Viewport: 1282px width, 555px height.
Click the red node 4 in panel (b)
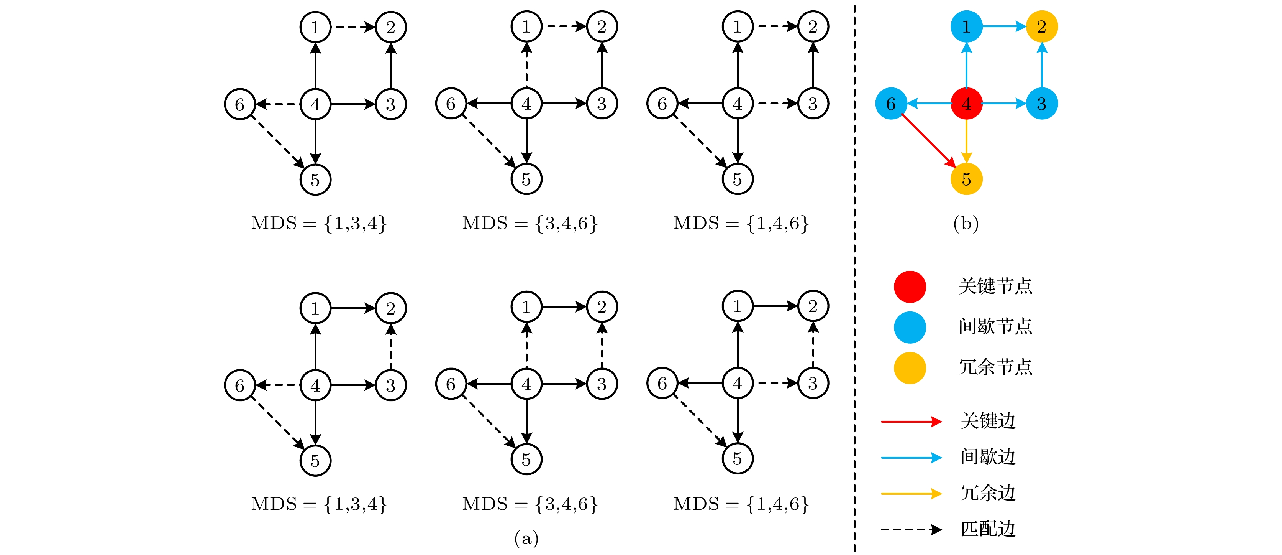tap(966, 104)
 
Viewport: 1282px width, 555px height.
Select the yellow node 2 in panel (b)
tap(1042, 26)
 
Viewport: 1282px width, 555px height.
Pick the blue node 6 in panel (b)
tap(891, 104)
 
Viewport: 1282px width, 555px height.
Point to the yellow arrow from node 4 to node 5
tap(966, 142)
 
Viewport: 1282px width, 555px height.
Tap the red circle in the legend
tap(910, 287)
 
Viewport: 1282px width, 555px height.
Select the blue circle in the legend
tap(910, 327)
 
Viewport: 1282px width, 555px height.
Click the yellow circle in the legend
tap(910, 368)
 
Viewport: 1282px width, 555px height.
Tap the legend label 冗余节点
tap(995, 367)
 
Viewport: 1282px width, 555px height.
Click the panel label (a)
tap(526, 538)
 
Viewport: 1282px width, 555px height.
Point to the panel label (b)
tap(966, 223)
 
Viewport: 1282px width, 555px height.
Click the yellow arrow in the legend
tap(911, 493)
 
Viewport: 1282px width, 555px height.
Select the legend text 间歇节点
tap(995, 326)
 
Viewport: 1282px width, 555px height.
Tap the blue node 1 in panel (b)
tap(966, 26)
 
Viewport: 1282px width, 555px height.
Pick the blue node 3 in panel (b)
tap(1042, 104)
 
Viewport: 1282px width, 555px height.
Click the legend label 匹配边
tap(988, 529)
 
